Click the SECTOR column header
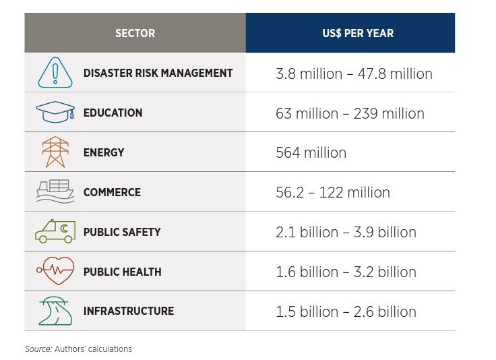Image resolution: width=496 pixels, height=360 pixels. tap(135, 33)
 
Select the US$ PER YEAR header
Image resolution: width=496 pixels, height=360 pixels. tap(349, 33)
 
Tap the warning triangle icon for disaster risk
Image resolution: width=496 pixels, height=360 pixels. tap(55, 73)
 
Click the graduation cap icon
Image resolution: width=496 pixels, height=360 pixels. tap(55, 113)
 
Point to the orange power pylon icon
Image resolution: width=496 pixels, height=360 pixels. tap(55, 152)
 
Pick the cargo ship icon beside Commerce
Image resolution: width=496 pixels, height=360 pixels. tap(55, 191)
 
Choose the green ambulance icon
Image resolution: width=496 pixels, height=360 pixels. tap(55, 231)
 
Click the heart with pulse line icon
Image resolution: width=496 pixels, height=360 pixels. tap(55, 271)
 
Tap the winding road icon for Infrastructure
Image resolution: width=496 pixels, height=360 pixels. tap(55, 311)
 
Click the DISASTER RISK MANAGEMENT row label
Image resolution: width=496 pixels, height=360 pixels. tap(158, 73)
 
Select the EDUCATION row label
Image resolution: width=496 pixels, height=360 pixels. tap(113, 113)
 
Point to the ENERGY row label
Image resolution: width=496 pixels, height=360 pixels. tap(104, 152)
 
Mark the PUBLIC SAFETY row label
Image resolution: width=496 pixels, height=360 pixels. tap(122, 232)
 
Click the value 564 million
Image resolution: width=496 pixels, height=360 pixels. tap(311, 153)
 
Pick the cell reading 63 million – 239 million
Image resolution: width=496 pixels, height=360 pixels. tap(350, 113)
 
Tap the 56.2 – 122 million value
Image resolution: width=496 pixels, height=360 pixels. tap(332, 193)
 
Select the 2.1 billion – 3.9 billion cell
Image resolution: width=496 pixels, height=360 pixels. tap(346, 233)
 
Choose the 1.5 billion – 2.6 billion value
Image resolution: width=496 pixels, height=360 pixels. tap(346, 312)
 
